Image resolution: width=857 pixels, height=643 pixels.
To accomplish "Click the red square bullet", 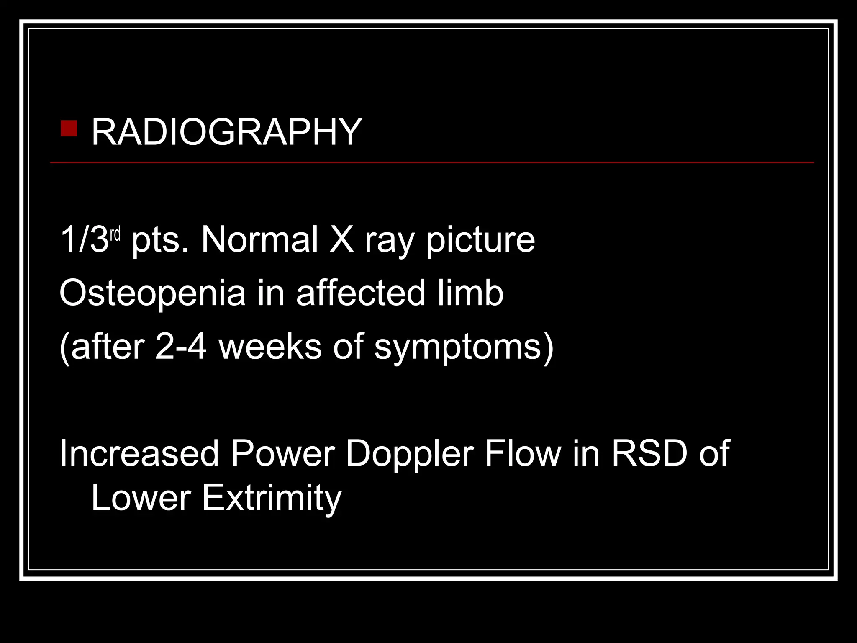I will click(69, 129).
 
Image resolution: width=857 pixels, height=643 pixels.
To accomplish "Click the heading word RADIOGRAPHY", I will click(226, 132).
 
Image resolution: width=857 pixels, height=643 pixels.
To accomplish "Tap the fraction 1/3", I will click(84, 239).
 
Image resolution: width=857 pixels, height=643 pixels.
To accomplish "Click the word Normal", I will click(259, 239).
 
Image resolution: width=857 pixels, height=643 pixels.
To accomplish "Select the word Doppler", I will click(410, 454).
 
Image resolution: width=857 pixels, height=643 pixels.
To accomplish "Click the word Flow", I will click(523, 453).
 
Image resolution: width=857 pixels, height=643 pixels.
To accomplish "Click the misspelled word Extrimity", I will click(272, 498).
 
